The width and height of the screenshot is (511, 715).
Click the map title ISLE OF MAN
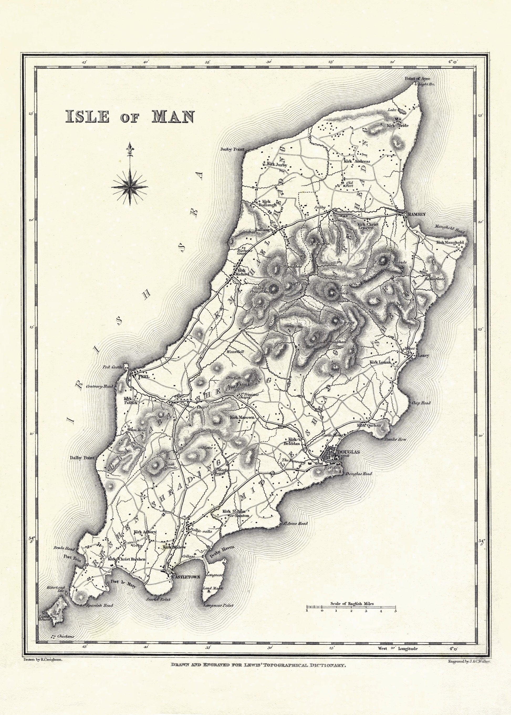pyautogui.click(x=130, y=117)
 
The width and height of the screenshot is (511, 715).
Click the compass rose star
pyautogui.click(x=130, y=187)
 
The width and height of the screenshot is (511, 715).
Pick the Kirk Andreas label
pyautogui.click(x=357, y=161)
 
